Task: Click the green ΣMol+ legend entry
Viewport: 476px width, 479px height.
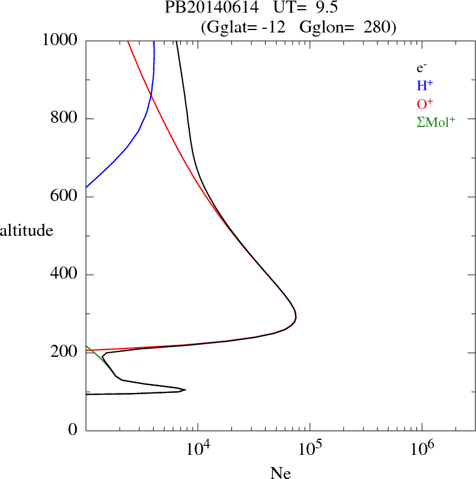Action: point(435,122)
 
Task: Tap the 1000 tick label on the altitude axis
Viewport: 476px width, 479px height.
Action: point(60,40)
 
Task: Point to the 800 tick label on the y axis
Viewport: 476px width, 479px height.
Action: point(64,119)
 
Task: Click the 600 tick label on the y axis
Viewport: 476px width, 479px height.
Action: point(64,197)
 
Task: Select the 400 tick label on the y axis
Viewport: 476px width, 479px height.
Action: point(64,274)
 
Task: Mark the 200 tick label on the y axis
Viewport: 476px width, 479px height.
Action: point(64,353)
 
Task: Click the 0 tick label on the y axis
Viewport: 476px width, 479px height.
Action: point(73,430)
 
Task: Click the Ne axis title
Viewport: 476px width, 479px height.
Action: point(280,473)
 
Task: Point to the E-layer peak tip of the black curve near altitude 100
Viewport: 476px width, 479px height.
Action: point(185,390)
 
